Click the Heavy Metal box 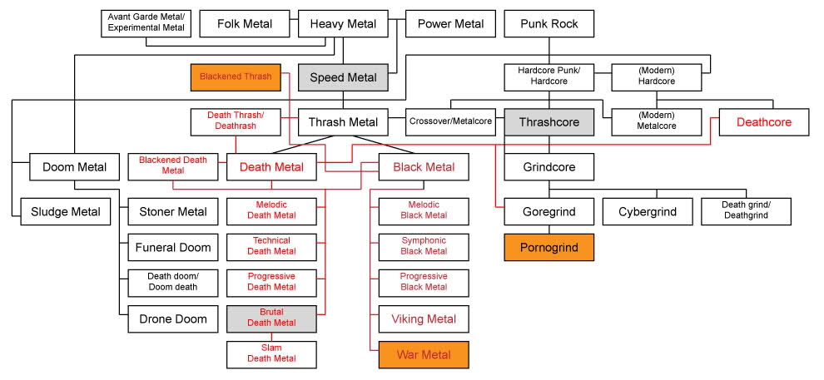pyautogui.click(x=343, y=24)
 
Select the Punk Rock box pyautogui.click(x=549, y=24)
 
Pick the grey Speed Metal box pyautogui.click(x=343, y=77)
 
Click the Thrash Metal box pyautogui.click(x=343, y=122)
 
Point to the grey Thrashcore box pyautogui.click(x=549, y=122)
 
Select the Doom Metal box pyautogui.click(x=74, y=167)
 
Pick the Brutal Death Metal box pyautogui.click(x=272, y=318)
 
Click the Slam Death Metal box pyautogui.click(x=272, y=354)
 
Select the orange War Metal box pyautogui.click(x=424, y=355)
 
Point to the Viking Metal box pyautogui.click(x=424, y=318)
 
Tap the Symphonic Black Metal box pyautogui.click(x=424, y=246)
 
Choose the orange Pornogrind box pyautogui.click(x=549, y=248)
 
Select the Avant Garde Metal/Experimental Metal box pyautogui.click(x=146, y=24)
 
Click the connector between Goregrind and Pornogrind pyautogui.click(x=549, y=230)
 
